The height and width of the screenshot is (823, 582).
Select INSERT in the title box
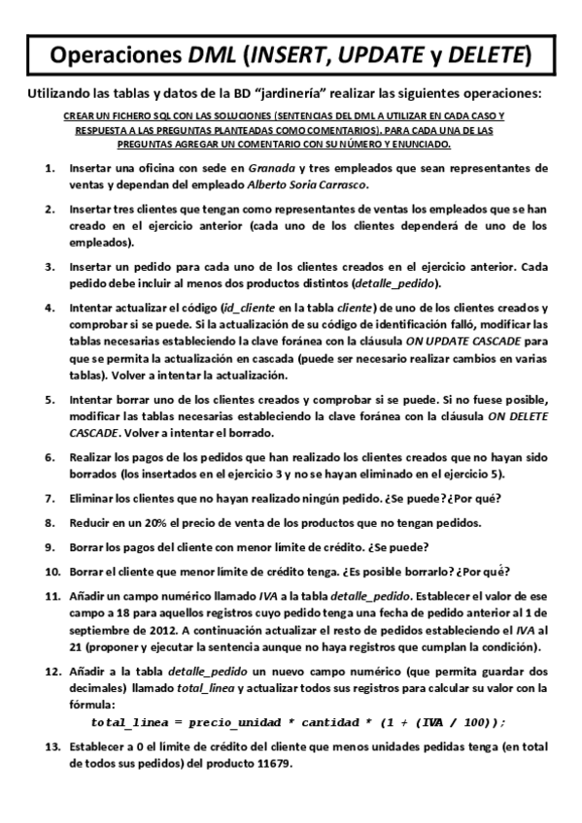pyautogui.click(x=288, y=55)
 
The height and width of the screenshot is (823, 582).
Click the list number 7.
pyautogui.click(x=49, y=498)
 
